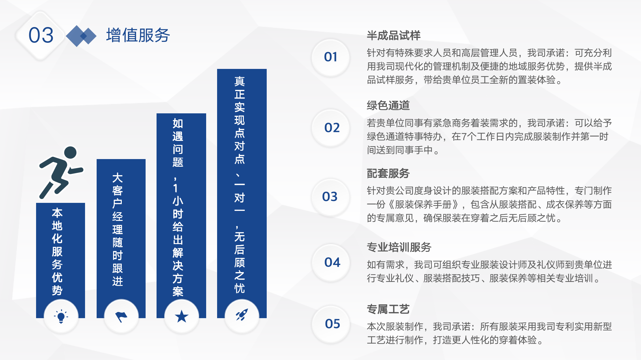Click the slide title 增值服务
(x=138, y=35)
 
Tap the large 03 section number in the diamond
(x=41, y=35)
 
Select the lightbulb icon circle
(x=61, y=317)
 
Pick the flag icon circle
(x=121, y=317)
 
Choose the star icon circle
(x=181, y=317)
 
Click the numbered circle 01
(x=330, y=57)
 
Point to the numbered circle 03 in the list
(x=330, y=197)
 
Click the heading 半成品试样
(x=394, y=35)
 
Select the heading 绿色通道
(x=388, y=106)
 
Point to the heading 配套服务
(x=388, y=174)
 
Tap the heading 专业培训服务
(x=399, y=247)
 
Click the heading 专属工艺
(x=388, y=309)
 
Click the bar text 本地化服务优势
(x=57, y=251)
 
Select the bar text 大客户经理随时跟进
(x=118, y=230)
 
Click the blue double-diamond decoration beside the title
(x=81, y=36)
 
